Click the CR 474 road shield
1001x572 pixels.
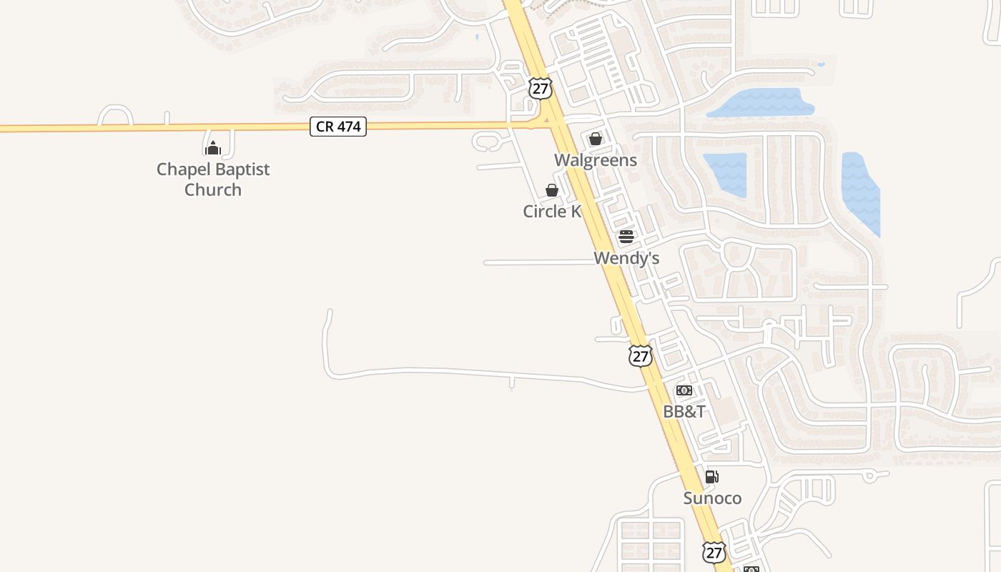[x=338, y=127]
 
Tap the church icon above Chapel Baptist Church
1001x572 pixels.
[x=212, y=148]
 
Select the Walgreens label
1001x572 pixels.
[x=596, y=159]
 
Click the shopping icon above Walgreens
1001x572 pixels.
[x=596, y=139]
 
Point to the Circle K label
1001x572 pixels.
[x=551, y=211]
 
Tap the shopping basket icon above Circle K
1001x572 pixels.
[x=552, y=190]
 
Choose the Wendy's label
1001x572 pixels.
[x=626, y=257]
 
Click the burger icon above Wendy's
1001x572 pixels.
[x=626, y=237]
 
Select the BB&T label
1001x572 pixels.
[x=684, y=411]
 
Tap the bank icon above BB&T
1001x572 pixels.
[x=684, y=390]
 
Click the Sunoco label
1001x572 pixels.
[x=712, y=498]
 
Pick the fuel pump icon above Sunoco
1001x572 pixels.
[x=712, y=477]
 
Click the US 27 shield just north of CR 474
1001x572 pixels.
[x=541, y=88]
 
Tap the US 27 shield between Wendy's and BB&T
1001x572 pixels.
[x=641, y=355]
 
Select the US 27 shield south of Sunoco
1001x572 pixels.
[x=714, y=551]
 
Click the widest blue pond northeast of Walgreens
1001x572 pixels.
[x=761, y=103]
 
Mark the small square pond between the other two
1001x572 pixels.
[x=725, y=174]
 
